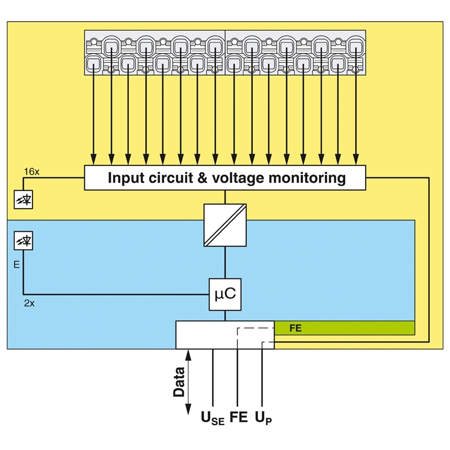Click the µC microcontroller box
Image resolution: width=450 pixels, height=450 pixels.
coord(225,294)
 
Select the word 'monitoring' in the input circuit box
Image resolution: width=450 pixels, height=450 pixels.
coord(307,178)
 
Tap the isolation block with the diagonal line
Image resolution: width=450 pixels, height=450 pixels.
coord(225,225)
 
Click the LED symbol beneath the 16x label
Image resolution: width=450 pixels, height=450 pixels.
coord(24,199)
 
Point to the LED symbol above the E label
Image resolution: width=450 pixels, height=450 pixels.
coord(24,241)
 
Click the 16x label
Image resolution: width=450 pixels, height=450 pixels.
coord(31,172)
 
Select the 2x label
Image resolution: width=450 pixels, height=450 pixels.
coord(29,303)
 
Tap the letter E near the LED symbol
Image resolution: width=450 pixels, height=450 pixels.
coord(17,264)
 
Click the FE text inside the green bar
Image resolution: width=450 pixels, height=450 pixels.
coord(295,328)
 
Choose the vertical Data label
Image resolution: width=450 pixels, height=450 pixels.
coord(179,382)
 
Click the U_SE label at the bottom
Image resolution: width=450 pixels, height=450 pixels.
coord(213,418)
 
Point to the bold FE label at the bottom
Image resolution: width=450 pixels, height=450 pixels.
coord(238,417)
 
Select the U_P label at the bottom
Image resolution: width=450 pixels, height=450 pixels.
coord(263,418)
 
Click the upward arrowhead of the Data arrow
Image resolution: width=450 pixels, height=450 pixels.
coord(188,355)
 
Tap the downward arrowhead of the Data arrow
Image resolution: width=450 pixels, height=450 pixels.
coord(188,409)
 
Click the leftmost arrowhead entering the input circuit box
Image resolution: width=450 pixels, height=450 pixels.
coord(93,160)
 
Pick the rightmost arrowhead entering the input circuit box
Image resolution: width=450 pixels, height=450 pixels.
coord(356,160)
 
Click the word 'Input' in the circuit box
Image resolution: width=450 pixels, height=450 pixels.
coord(125,178)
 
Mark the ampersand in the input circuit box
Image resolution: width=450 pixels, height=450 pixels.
coord(202,178)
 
